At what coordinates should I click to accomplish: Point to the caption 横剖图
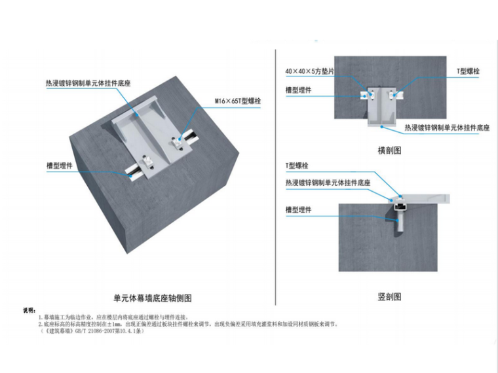[x=389, y=150]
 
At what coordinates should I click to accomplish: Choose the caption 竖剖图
[x=389, y=296]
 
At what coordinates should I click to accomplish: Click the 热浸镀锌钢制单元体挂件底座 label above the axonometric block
[x=88, y=84]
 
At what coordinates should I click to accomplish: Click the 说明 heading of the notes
[x=29, y=310]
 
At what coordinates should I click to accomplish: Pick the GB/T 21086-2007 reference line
[x=92, y=331]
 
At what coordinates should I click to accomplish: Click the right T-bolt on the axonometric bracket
[x=177, y=139]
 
